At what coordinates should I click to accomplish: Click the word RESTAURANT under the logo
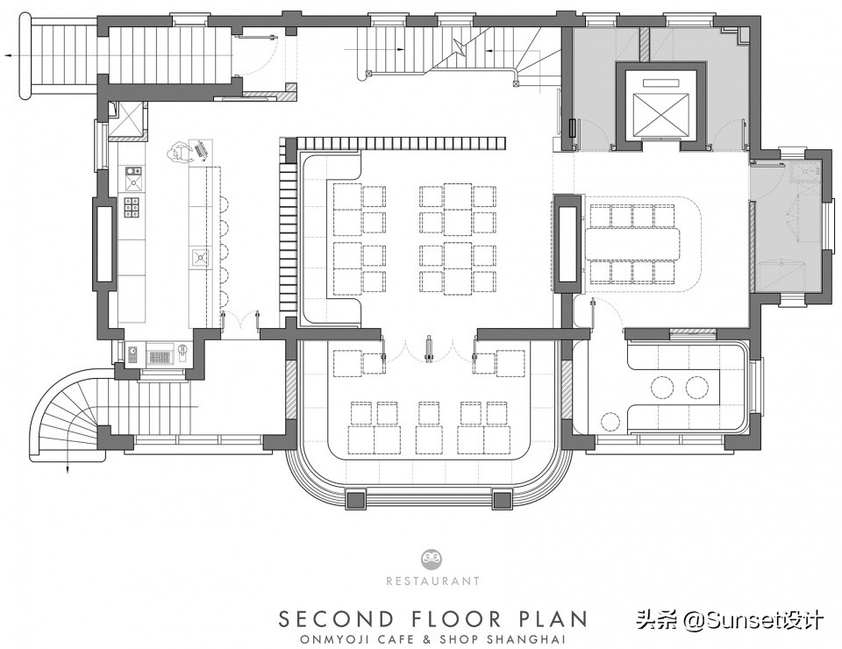click(x=432, y=581)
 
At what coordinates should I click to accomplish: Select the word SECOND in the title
click(x=336, y=619)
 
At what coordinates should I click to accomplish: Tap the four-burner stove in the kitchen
click(x=132, y=207)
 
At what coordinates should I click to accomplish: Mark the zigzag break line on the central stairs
click(x=460, y=46)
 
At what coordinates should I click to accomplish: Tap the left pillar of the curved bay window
click(x=356, y=500)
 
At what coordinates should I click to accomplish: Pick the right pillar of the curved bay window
click(x=502, y=500)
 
